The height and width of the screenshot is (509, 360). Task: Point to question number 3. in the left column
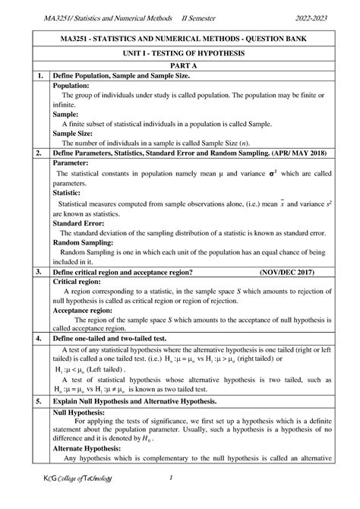(36, 270)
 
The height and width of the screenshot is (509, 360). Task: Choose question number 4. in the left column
(36, 337)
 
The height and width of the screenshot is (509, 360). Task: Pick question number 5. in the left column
(36, 400)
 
